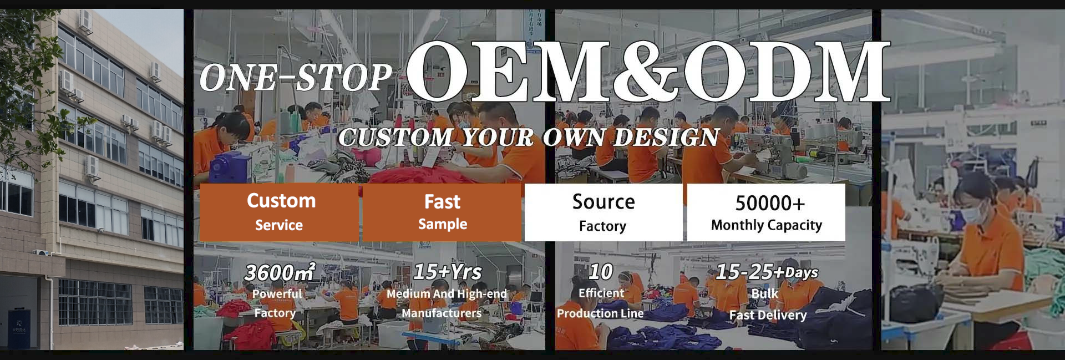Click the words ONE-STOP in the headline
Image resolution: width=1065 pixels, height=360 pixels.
pos(296,78)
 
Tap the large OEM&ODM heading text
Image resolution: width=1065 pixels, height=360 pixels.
pos(648,72)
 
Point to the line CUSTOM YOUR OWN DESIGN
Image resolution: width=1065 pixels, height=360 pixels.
pos(529,137)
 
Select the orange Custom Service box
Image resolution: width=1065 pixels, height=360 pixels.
pos(279,212)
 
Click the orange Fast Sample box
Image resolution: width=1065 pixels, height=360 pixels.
pos(442,212)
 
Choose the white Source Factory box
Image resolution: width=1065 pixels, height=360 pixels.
pos(603,212)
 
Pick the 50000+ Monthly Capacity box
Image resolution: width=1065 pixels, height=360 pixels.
pos(766,212)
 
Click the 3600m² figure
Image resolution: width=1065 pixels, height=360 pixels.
pos(279,272)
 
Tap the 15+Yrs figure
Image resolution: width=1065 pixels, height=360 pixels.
pos(447,272)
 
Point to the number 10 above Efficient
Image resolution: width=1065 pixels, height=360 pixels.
pos(601,272)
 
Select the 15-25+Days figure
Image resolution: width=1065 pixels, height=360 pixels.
pos(766,272)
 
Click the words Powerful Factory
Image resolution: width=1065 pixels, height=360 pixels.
pos(276,303)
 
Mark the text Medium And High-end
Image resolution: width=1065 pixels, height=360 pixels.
pos(447,293)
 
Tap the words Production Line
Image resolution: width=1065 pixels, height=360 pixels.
pos(600,313)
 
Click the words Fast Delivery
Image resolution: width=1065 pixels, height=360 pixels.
pos(768,315)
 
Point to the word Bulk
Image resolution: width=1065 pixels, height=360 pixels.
pos(764,293)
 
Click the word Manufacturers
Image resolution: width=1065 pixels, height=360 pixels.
pos(442,313)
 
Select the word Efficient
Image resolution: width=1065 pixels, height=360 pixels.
pos(601,293)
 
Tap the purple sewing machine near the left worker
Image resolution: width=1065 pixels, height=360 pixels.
pos(227,165)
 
